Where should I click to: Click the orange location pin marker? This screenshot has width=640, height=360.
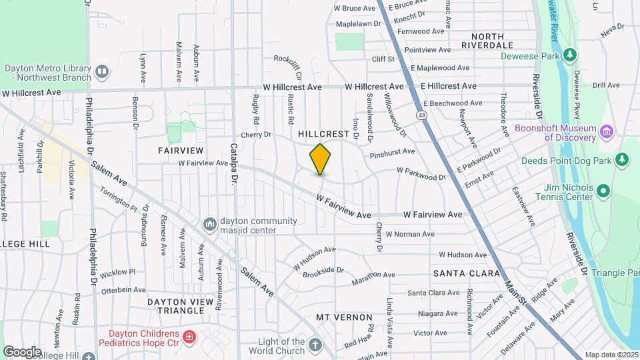click(x=321, y=159)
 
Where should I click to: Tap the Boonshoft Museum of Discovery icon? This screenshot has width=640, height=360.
click(x=606, y=131)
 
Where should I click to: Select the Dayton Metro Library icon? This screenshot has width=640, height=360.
click(x=101, y=71)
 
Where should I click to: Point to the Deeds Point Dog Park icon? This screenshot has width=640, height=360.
click(x=622, y=159)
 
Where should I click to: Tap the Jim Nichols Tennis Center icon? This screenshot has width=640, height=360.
click(x=604, y=192)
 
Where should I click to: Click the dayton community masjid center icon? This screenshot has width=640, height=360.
click(x=210, y=223)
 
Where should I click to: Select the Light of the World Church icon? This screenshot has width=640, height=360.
click(x=315, y=345)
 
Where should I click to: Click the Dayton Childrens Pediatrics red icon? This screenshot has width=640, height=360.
click(x=190, y=337)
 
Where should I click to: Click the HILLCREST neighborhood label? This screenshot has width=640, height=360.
click(x=323, y=134)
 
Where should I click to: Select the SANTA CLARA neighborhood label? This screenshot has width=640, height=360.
click(x=467, y=273)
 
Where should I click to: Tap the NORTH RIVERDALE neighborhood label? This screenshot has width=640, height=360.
click(x=492, y=41)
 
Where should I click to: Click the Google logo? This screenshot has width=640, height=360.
click(x=22, y=351)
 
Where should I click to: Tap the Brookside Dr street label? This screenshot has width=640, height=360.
click(x=323, y=271)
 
